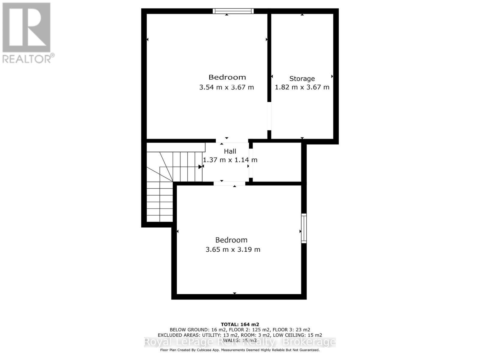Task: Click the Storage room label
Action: (x=302, y=79)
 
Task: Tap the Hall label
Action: (x=230, y=151)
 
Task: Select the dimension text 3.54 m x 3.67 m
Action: (x=226, y=87)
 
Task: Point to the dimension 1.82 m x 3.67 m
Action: (x=302, y=87)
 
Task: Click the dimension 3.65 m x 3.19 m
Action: (x=233, y=250)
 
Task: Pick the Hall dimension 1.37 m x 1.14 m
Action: (x=230, y=160)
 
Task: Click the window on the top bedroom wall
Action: (x=233, y=11)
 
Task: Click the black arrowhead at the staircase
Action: (x=200, y=166)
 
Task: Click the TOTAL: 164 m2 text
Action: (x=240, y=324)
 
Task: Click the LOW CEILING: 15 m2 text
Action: (x=298, y=335)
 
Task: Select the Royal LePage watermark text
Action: (x=240, y=342)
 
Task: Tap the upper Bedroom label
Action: (x=227, y=77)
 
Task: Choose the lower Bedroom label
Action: (x=231, y=240)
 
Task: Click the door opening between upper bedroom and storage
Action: (x=269, y=116)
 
